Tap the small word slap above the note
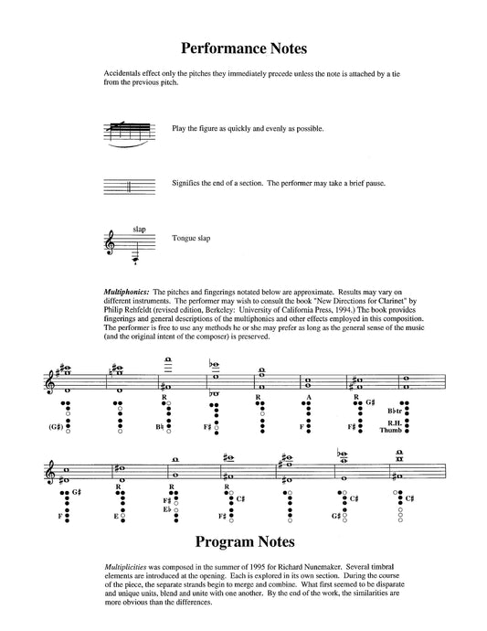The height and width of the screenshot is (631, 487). pyautogui.click(x=139, y=228)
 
